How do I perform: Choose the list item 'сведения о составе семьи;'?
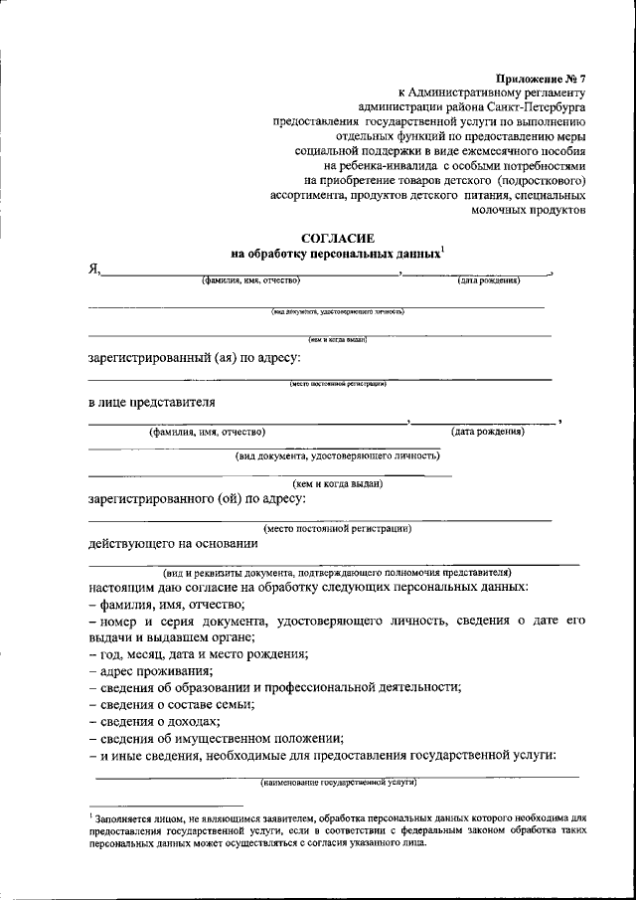pos(170,704)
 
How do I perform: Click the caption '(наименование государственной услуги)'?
pos(338,783)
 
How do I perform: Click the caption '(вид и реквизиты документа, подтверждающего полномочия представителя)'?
pos(337,573)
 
